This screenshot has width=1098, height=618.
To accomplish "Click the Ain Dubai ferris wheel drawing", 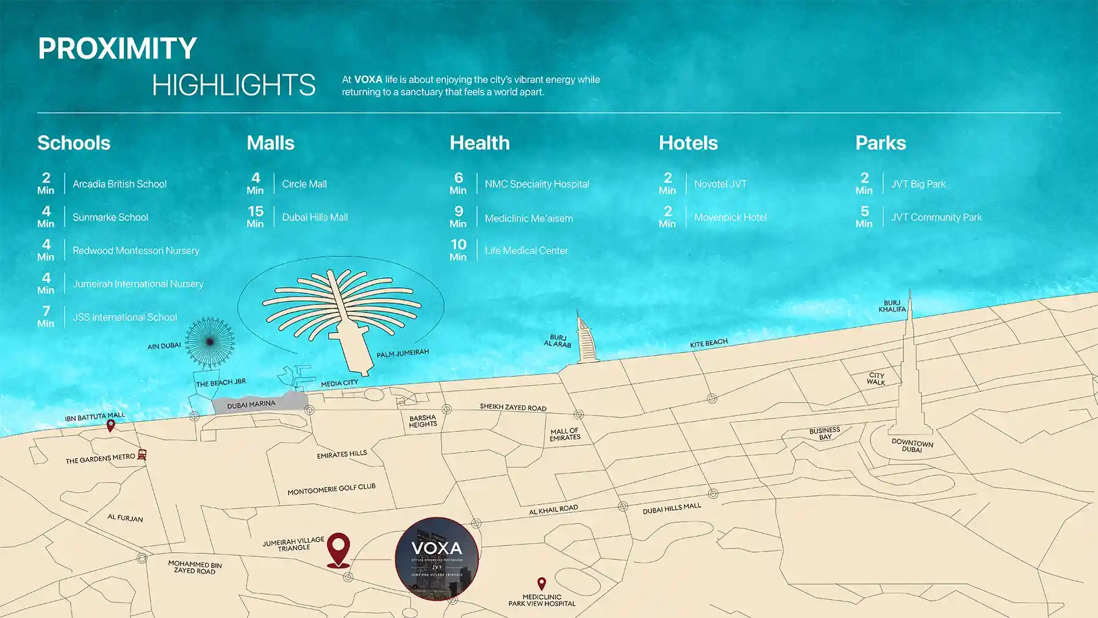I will [209, 342].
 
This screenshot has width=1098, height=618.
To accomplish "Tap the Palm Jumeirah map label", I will [403, 354].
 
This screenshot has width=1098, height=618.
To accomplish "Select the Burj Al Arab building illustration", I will [584, 339].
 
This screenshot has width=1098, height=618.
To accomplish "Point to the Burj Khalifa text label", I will [892, 306].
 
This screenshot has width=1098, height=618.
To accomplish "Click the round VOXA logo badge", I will [437, 559].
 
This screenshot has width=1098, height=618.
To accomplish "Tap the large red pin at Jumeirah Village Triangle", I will [339, 548].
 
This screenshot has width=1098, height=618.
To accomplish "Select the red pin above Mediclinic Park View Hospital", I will [541, 584].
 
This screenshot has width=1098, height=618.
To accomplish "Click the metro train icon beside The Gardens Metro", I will [142, 455].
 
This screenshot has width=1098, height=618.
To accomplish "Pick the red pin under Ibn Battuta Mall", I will [110, 426].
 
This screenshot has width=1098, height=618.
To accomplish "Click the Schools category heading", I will [74, 143].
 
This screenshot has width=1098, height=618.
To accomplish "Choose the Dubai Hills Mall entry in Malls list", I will [315, 217].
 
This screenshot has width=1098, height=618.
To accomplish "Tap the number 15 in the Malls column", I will [256, 211].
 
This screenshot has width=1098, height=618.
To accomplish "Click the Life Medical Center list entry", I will [526, 251].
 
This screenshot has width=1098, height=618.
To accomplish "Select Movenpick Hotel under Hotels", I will [730, 217].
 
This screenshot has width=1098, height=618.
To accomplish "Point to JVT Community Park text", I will [936, 217].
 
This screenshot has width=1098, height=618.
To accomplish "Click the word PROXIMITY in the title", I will [117, 49].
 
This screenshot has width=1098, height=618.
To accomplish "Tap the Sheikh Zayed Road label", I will [513, 407].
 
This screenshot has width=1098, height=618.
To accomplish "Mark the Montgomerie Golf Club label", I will [331, 489].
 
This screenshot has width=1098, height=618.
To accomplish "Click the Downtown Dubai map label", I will [912, 445].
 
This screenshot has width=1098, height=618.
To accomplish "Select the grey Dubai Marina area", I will [256, 404].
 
